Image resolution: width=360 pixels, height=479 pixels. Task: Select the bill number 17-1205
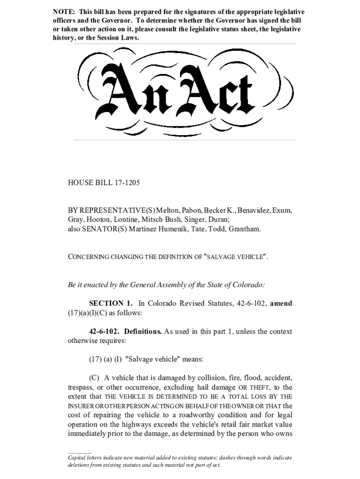point(127,183)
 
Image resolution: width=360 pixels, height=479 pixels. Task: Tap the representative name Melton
point(172,210)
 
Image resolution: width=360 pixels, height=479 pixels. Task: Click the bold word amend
point(281,304)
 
